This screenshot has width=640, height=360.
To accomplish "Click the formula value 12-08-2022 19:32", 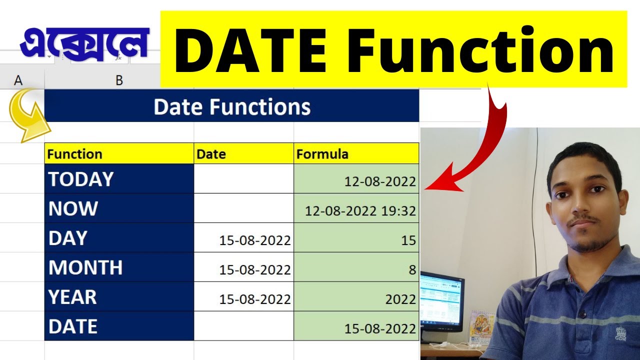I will click(x=360, y=211).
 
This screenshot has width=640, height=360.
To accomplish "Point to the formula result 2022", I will click(x=400, y=299).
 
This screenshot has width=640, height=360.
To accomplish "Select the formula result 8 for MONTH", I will click(x=412, y=270).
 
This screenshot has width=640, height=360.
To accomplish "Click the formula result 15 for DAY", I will click(x=408, y=240).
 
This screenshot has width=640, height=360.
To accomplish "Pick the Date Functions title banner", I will click(x=231, y=106).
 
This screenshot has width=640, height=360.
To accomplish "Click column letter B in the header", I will click(x=119, y=80).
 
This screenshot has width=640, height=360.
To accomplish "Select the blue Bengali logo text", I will click(x=84, y=44).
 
